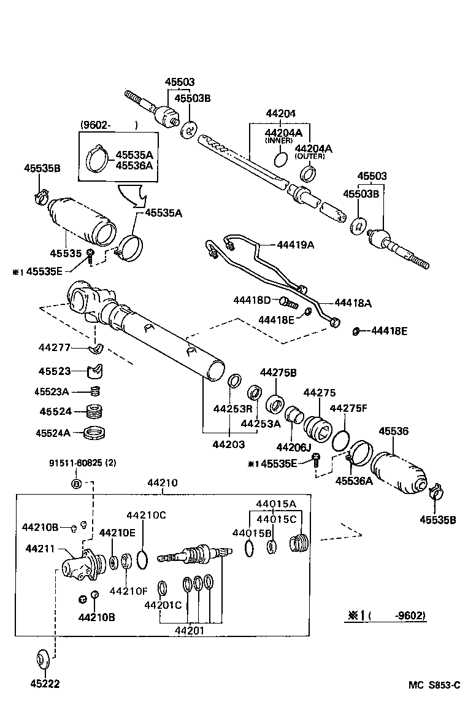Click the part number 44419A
click(295, 245)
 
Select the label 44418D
click(251, 299)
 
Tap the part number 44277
click(53, 347)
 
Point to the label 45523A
click(53, 391)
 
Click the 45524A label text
click(53, 433)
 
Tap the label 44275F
click(348, 408)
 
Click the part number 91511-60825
click(77, 463)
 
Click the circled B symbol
click(77, 484)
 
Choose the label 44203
click(228, 444)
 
